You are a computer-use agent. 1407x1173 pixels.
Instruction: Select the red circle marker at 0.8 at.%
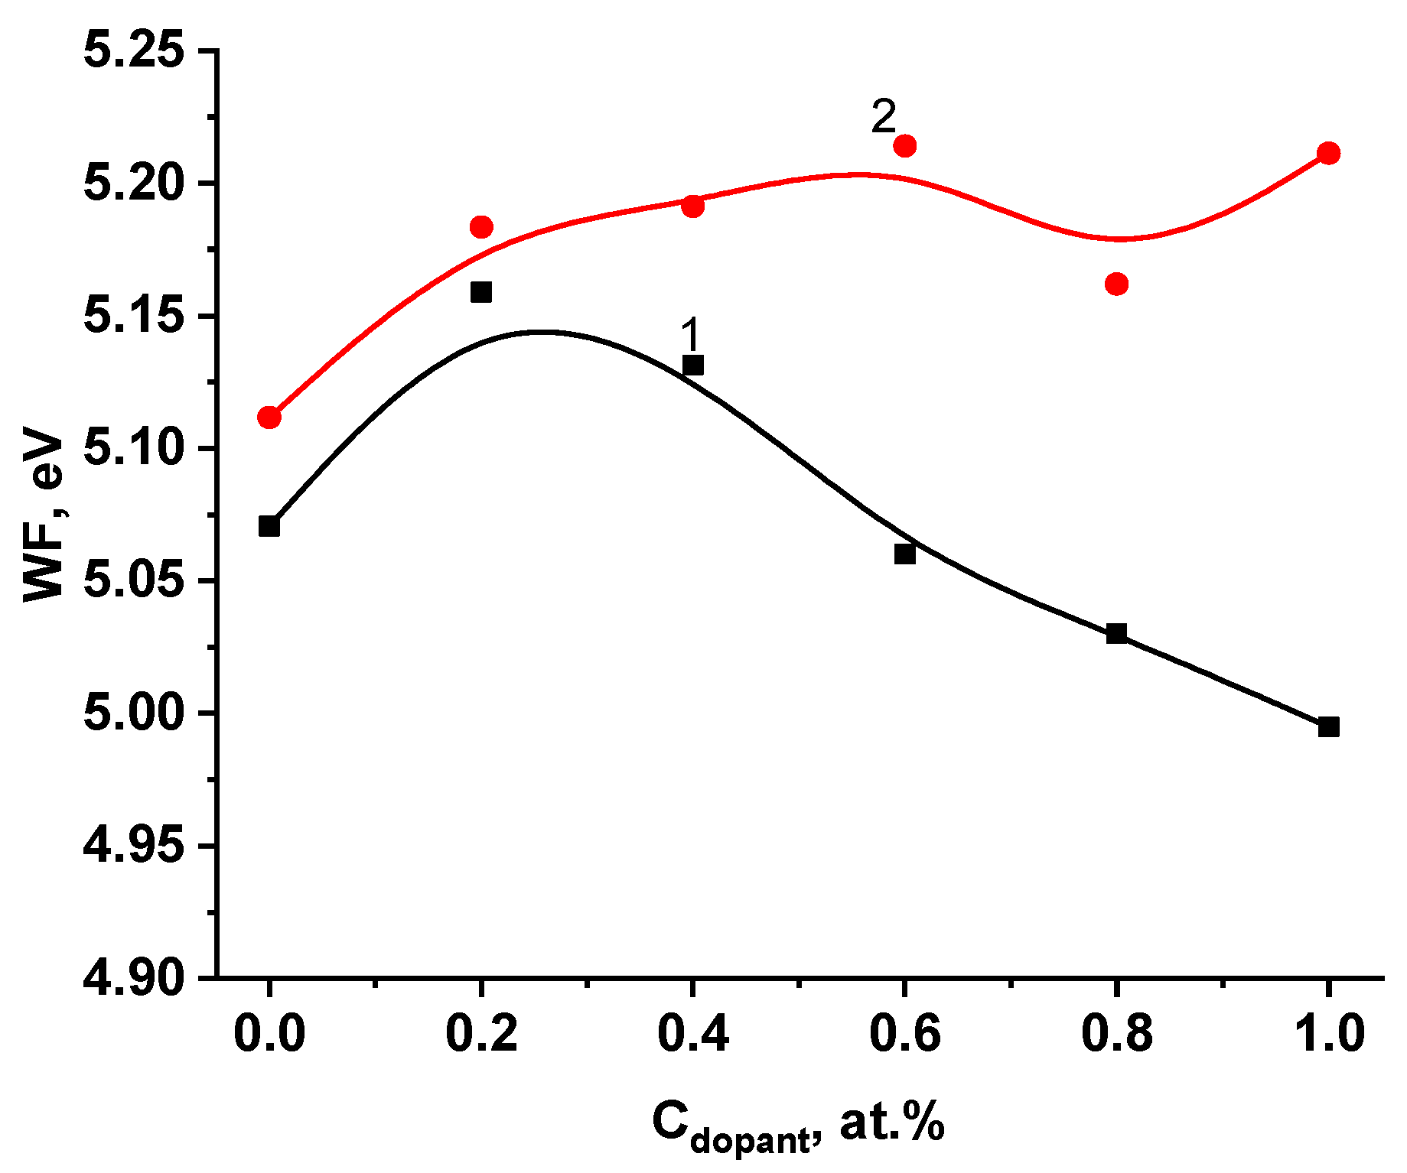click(1116, 284)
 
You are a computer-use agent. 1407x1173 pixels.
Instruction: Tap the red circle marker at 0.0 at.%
click(269, 418)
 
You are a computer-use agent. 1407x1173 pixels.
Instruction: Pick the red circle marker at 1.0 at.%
click(1328, 153)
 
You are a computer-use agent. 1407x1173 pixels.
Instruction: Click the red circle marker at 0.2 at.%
click(481, 226)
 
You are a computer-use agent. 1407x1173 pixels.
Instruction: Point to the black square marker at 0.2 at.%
click(480, 292)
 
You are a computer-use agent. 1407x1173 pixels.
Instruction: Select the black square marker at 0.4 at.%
click(692, 365)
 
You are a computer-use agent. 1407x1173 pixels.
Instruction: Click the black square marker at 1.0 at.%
click(1328, 726)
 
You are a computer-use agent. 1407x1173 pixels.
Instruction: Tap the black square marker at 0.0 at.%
click(269, 526)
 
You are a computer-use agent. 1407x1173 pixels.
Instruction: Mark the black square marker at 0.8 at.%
click(1116, 633)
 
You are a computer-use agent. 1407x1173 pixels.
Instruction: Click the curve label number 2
click(883, 117)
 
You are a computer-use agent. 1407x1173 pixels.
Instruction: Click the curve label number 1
click(690, 335)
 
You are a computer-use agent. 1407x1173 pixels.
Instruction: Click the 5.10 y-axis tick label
click(135, 448)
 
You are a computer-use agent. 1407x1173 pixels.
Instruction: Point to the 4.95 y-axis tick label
click(135, 845)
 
